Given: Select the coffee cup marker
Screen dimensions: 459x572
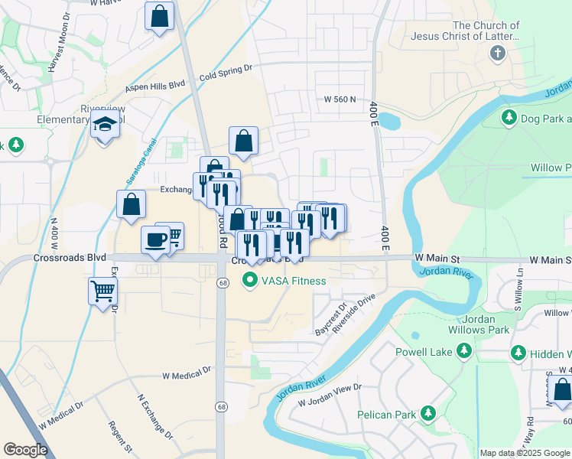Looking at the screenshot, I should coord(155,240).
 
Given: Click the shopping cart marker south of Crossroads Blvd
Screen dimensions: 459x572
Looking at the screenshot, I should coord(103,291).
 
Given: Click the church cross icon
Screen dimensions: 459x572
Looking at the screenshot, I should coord(497,54).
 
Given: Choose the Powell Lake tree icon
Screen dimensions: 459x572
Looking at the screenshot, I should coord(463,351).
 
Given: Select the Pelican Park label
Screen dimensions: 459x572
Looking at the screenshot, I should coord(386,415).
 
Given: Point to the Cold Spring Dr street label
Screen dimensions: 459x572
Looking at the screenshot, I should coord(226,73).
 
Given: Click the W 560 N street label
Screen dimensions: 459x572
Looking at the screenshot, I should coord(341,99).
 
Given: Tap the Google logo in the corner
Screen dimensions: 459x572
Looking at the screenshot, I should coord(25,449).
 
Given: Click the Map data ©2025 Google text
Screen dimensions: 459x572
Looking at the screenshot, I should coord(525,453).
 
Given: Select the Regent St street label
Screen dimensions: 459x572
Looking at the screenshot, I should coord(121,438).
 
